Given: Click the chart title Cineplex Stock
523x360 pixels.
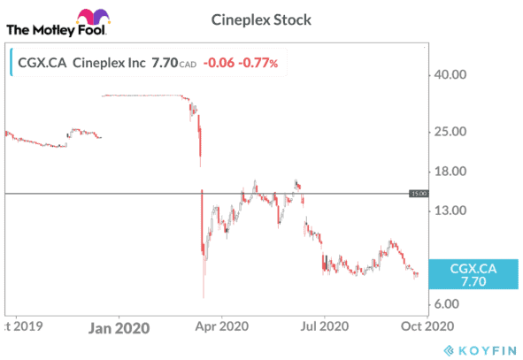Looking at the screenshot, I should pos(261,19).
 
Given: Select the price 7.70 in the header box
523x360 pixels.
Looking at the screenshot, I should pos(165,63).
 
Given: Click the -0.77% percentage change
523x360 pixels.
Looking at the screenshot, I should pos(259,63).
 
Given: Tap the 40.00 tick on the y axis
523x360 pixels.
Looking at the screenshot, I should pos(447,75).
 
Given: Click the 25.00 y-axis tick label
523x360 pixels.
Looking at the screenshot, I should pos(447,132).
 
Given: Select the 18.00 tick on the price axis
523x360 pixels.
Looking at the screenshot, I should pos(447,172).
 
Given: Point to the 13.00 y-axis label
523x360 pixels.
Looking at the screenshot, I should pos(447,211).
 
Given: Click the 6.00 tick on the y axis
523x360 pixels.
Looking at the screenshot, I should pos(444,304).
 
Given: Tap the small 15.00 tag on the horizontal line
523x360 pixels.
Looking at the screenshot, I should pos(419,193).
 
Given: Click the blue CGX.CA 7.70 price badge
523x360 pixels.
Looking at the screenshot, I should pos(473,274).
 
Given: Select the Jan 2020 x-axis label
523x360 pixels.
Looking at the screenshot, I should pos(120,327).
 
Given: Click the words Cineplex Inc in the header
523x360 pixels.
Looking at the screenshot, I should pos(108,63).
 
